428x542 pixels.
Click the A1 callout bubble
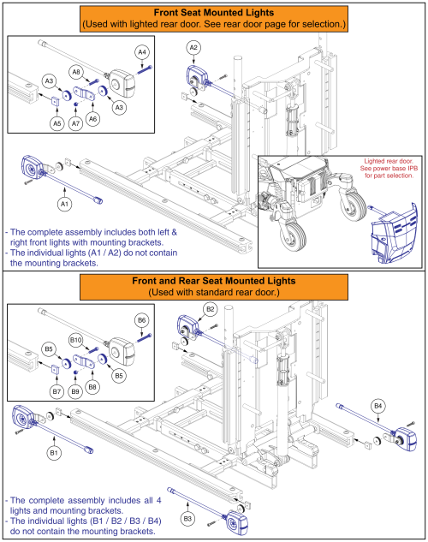click(x=64, y=204)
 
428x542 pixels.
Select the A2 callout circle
click(x=193, y=48)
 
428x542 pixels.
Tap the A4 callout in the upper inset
click(x=142, y=52)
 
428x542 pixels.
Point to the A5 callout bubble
click(x=57, y=123)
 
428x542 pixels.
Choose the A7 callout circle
click(x=75, y=123)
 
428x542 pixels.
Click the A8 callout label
click(x=76, y=72)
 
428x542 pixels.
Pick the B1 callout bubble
click(x=54, y=453)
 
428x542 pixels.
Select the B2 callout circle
click(x=211, y=309)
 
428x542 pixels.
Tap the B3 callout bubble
click(x=187, y=519)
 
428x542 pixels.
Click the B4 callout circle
click(x=377, y=406)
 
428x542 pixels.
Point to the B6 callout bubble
click(x=141, y=320)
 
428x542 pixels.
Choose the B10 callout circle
click(x=75, y=340)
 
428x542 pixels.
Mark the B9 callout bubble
click(x=75, y=391)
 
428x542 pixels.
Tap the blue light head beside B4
click(x=406, y=439)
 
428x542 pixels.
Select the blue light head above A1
click(x=33, y=167)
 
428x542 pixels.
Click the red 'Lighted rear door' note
click(x=389, y=169)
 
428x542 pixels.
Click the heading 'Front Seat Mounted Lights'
click(x=214, y=13)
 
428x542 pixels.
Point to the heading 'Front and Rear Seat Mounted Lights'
click(x=214, y=281)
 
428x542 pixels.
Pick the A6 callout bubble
click(x=92, y=119)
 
